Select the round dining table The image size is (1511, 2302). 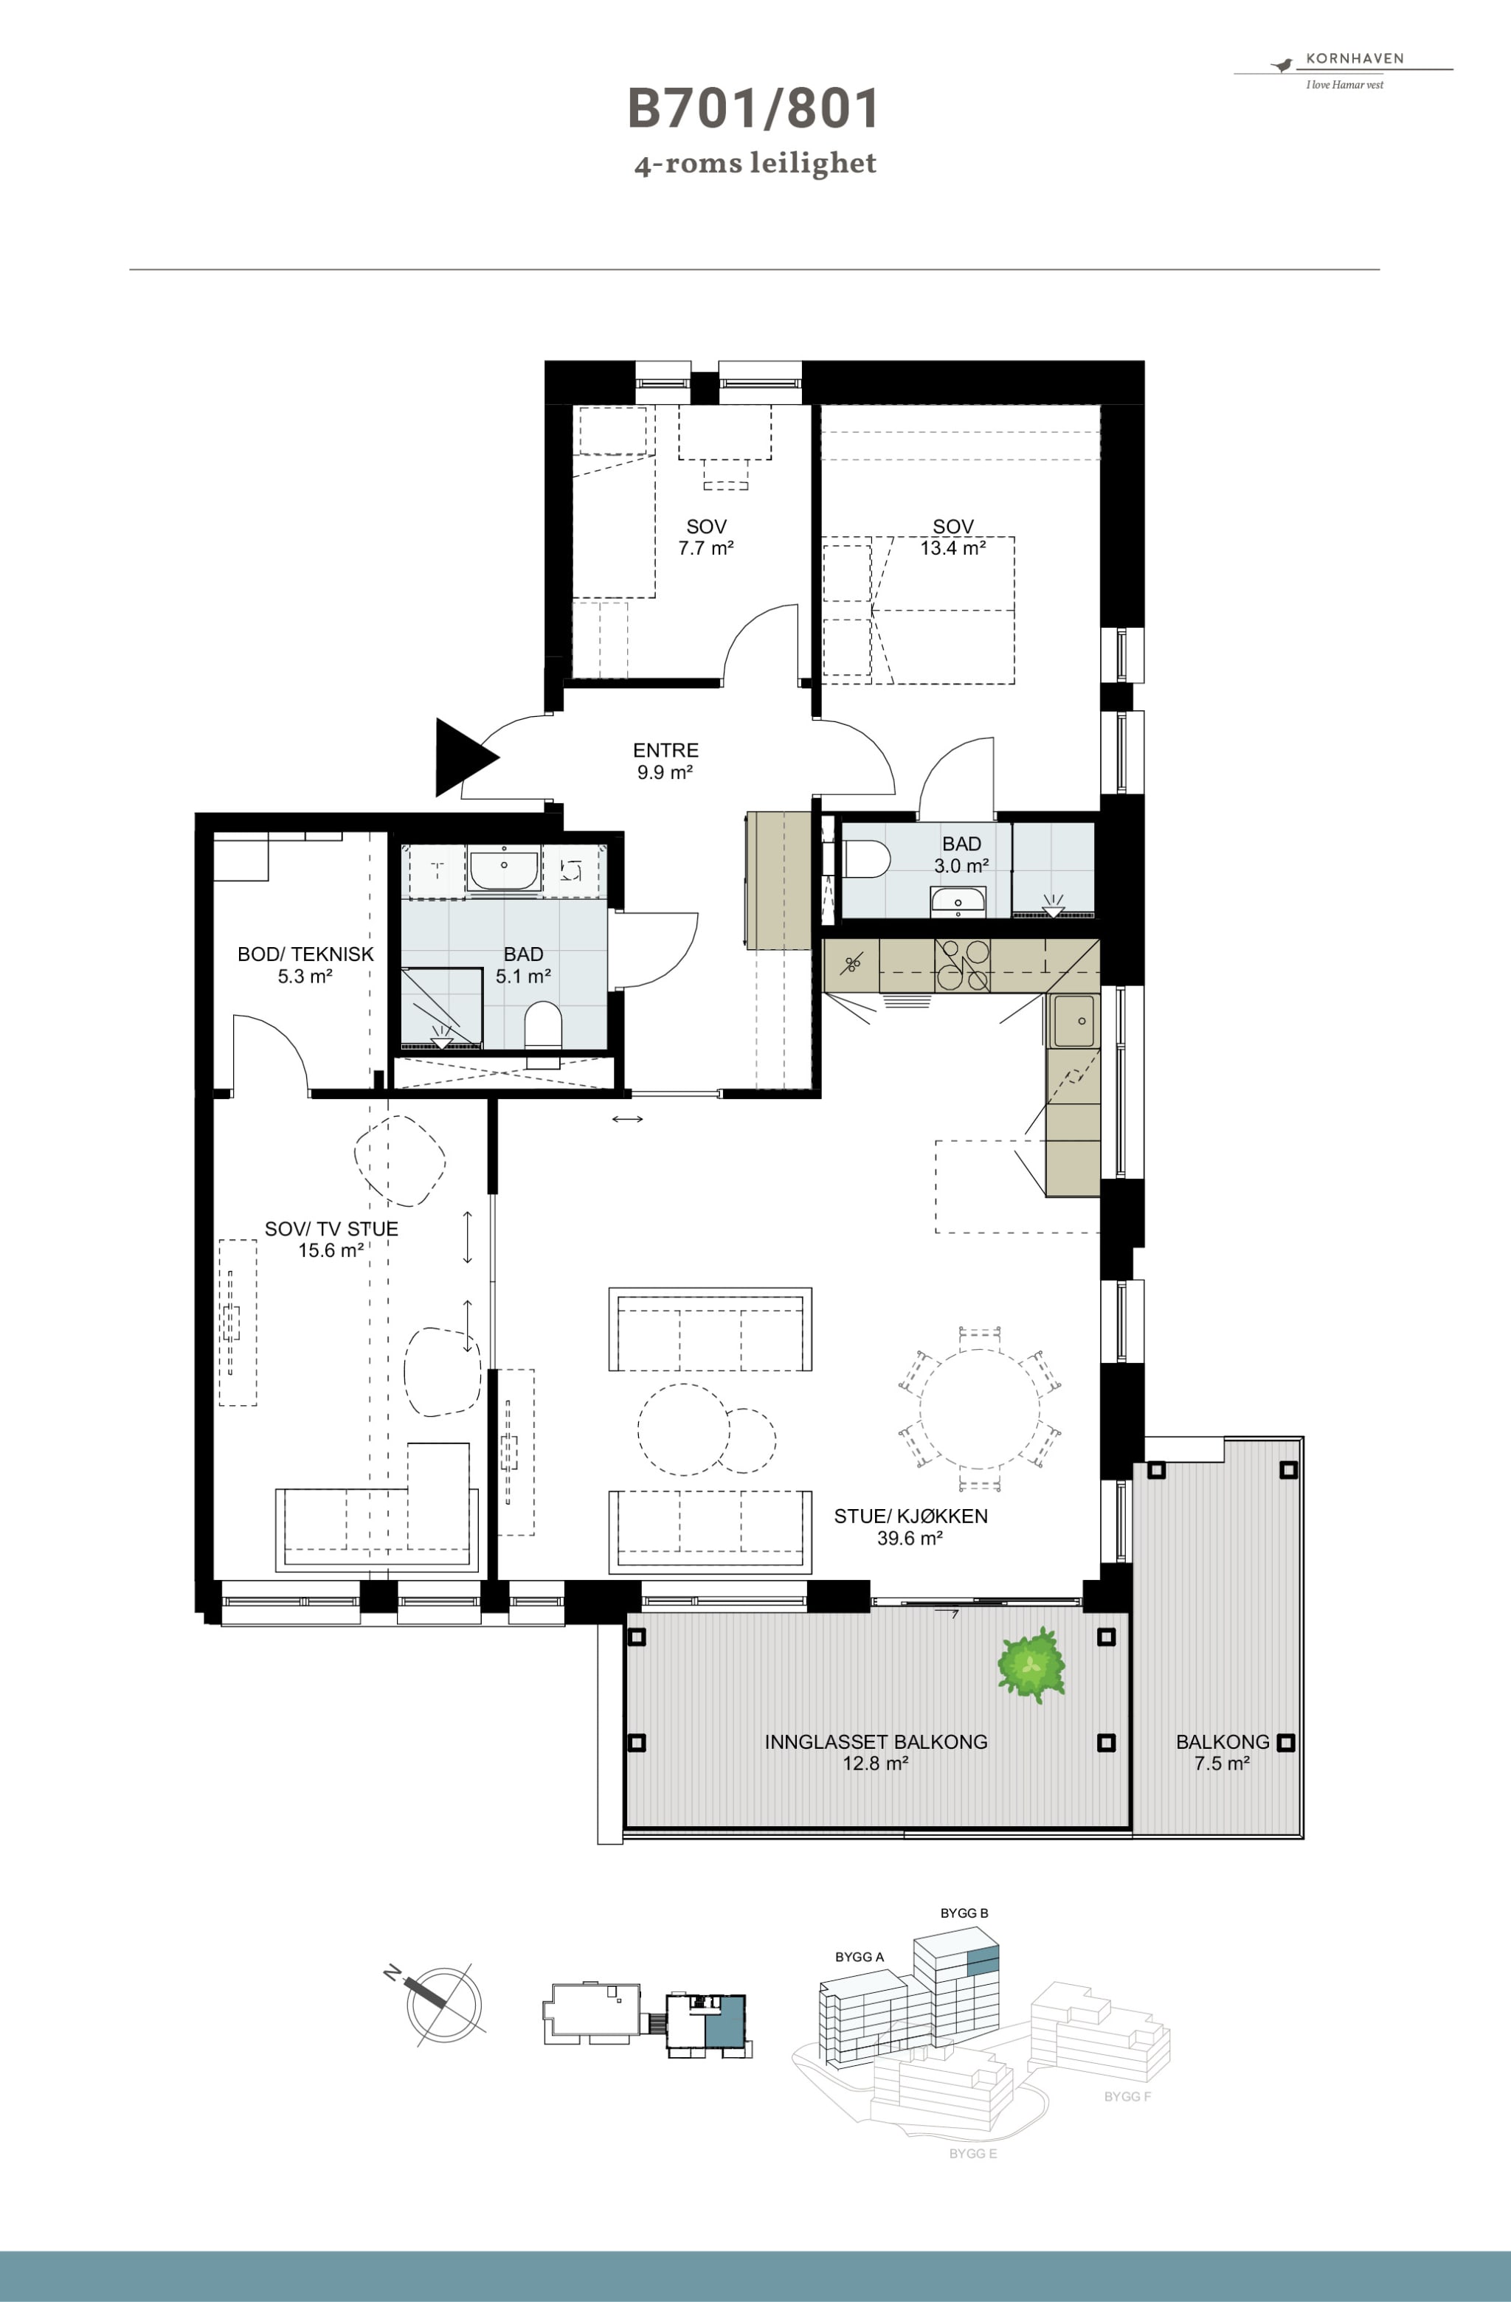pos(979,1408)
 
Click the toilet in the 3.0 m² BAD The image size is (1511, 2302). pos(867,858)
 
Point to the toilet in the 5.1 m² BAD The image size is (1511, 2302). pos(543,1025)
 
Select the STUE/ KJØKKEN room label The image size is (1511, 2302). pos(910,1516)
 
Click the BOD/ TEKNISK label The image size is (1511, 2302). pos(305,954)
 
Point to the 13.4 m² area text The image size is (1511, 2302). pos(952,549)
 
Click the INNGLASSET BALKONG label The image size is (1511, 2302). pos(876,1742)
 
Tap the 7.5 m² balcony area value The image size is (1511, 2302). pos(1222,1764)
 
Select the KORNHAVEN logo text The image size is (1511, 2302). pos(1355,58)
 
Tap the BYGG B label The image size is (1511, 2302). pos(964,1913)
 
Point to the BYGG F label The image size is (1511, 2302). pos(1127,2097)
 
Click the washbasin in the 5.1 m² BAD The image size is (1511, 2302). pos(503,869)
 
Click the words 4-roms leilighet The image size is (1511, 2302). pos(755,164)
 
